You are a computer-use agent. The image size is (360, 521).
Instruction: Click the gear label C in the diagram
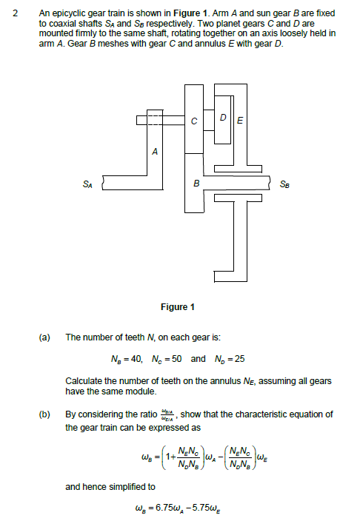coord(194,121)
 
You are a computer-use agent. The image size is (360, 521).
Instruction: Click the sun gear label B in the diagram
coord(196,182)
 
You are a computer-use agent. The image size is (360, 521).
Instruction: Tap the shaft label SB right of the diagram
coord(287,182)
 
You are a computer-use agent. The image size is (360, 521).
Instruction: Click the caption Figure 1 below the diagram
coord(178,307)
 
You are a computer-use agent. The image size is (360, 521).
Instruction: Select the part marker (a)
coord(44,337)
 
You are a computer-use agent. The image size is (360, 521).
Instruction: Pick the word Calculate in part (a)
coord(84,380)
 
